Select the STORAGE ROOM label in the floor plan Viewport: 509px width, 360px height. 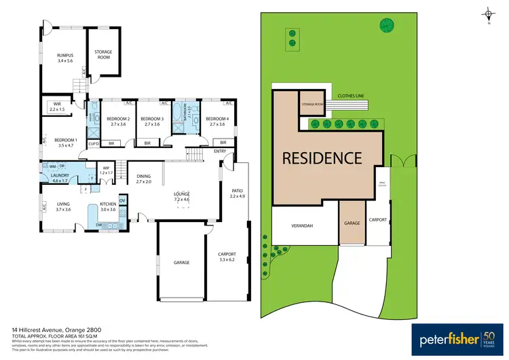102,54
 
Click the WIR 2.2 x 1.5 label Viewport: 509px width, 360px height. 57,107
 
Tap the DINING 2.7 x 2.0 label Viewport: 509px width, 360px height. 143,179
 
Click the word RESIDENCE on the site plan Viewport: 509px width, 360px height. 322,159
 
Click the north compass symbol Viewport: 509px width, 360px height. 487,14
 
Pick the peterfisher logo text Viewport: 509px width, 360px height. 446,338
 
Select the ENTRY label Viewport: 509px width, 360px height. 219,151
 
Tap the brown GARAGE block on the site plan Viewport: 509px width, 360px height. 352,223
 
